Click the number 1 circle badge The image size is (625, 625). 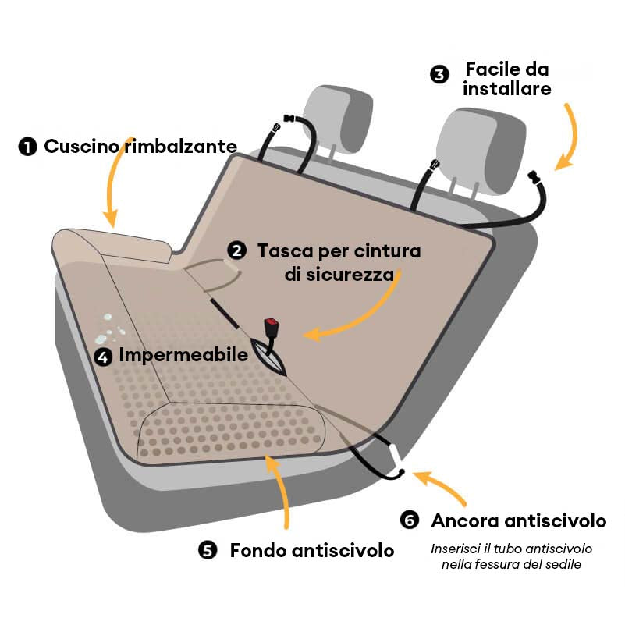tap(27, 147)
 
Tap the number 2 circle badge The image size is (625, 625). tap(236, 250)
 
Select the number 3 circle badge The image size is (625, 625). tap(439, 75)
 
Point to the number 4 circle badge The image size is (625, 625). tap(103, 357)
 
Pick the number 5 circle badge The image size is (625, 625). tap(208, 550)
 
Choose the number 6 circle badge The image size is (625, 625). tap(410, 520)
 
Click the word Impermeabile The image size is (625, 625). tap(183, 355)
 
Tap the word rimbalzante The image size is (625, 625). tap(180, 146)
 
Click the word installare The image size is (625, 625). tap(507, 88)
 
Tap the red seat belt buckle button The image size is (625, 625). tap(272, 321)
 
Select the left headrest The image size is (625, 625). tap(338, 119)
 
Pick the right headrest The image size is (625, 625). tap(481, 151)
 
